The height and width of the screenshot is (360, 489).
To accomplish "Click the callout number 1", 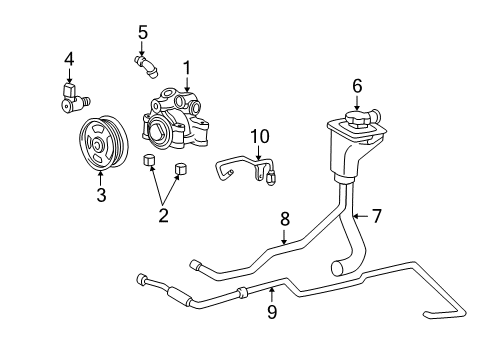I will click(x=186, y=67).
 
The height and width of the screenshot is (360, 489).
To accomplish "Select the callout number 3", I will click(x=101, y=195).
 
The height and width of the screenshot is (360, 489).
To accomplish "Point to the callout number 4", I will click(x=69, y=59).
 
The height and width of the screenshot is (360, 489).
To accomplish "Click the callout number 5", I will click(x=143, y=32).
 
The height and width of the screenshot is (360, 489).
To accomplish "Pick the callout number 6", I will click(x=357, y=86).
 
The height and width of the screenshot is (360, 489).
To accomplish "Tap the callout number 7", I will click(x=376, y=215).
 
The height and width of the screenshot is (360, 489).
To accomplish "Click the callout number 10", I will click(x=257, y=134).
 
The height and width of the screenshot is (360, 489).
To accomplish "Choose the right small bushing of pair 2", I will click(x=181, y=167).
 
